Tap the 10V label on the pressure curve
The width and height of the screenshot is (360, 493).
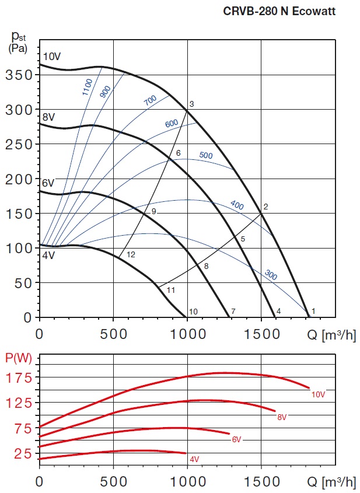click(x=52, y=57)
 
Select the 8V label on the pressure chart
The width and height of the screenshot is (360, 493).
click(x=48, y=117)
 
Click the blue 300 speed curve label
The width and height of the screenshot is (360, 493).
click(x=271, y=274)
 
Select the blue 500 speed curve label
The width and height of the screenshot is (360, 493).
click(x=206, y=156)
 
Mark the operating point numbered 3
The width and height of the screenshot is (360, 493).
click(x=191, y=104)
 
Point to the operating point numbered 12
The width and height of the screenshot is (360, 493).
click(x=131, y=254)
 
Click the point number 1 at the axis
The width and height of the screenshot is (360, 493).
click(x=313, y=311)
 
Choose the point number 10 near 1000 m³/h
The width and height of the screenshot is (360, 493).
click(x=194, y=311)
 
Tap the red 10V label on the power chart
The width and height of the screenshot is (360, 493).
click(x=318, y=394)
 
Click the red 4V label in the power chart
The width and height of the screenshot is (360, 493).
click(x=194, y=460)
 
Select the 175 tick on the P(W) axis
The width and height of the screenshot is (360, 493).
click(x=20, y=377)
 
